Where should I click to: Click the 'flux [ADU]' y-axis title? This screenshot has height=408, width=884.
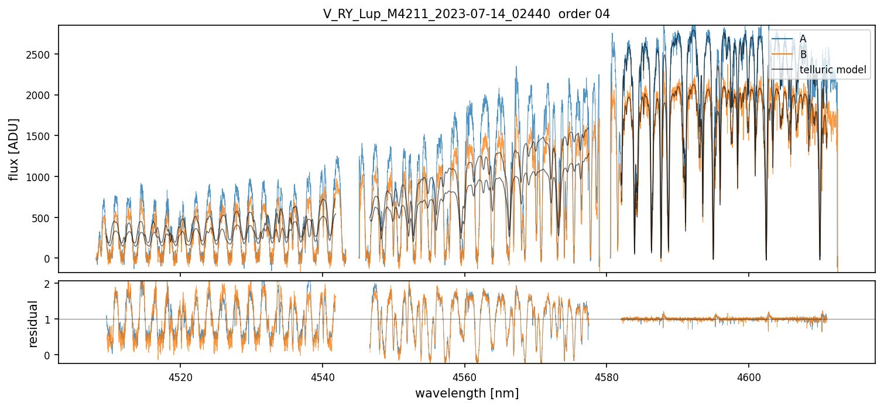coord(14,149)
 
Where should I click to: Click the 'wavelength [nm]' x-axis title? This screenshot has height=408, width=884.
coord(467,393)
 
